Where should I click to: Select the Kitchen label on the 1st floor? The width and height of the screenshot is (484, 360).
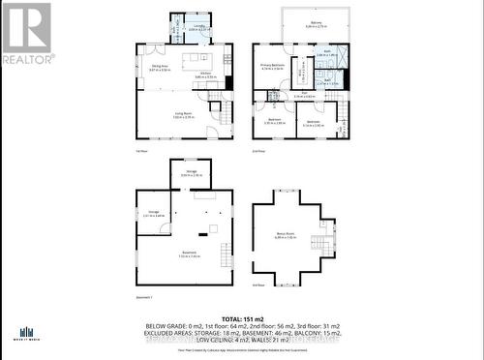tap(206, 75)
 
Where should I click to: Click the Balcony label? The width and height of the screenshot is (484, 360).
tap(316, 25)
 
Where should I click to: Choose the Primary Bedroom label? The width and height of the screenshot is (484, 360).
tap(272, 67)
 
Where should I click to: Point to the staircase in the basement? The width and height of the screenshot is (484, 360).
tap(225, 256)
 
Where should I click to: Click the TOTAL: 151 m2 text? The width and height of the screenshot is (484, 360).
tap(243, 317)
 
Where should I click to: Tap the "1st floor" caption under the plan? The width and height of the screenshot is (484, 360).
tap(141, 151)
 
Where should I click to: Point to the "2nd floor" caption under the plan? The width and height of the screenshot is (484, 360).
tap(257, 151)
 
